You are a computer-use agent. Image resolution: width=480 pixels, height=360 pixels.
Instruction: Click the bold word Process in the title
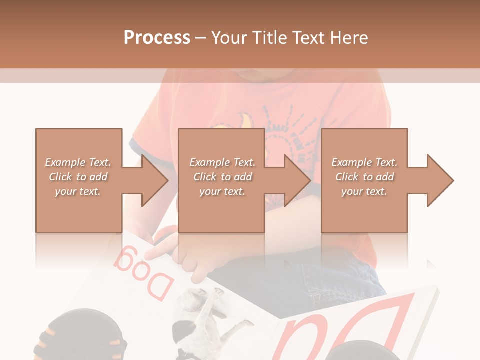(157, 38)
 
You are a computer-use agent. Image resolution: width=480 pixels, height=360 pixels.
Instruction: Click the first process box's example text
(78, 177)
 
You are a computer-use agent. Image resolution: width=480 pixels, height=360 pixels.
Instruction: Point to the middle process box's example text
(222, 177)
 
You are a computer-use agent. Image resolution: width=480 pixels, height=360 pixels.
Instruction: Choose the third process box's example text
(364, 177)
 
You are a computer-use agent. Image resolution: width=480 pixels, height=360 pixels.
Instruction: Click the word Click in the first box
(60, 177)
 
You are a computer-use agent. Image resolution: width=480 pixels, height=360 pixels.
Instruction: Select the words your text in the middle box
(222, 191)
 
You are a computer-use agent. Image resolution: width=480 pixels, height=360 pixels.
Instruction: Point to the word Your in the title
(229, 38)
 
